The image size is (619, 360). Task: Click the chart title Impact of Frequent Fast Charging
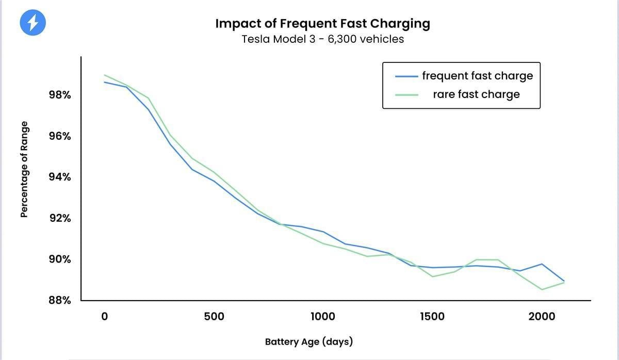point(322,24)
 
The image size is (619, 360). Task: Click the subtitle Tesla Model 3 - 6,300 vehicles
point(322,39)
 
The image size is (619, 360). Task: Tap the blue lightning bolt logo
point(32,23)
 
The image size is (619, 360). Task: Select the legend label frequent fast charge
point(477,76)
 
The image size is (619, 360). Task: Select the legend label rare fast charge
point(476,94)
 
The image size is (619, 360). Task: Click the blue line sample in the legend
point(406,76)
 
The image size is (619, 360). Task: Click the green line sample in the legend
point(406,95)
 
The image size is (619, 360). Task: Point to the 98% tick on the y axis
point(60,95)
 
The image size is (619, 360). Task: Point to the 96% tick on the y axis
point(60,136)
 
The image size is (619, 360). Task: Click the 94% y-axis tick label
point(60,177)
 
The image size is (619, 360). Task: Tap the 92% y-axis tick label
point(60,218)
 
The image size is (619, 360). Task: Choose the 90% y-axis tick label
point(60,259)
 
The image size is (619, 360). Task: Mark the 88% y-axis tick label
point(60,300)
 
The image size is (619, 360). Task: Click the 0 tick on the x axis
point(104,316)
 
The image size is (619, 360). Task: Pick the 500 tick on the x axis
point(214,316)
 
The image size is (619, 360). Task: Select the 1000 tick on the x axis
point(322,316)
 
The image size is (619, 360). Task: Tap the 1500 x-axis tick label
point(432,316)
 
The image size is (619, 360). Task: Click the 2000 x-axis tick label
point(542,316)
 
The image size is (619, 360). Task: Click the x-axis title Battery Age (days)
point(308,341)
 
